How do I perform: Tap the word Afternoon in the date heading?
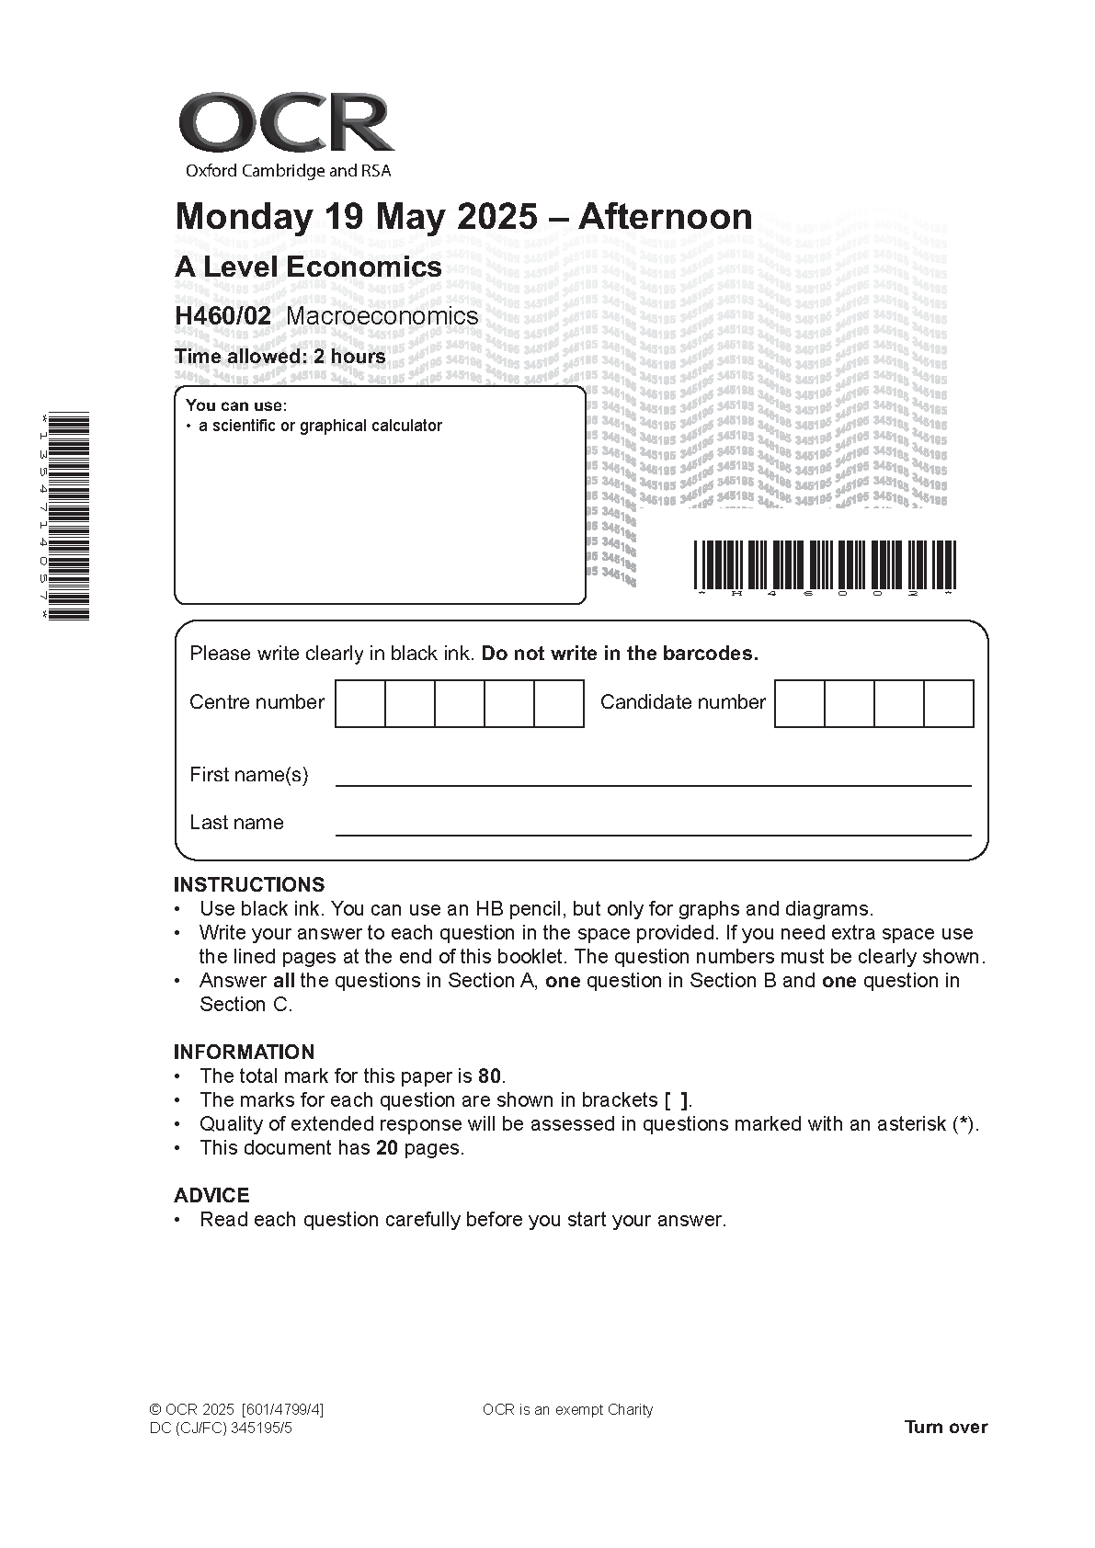click(665, 217)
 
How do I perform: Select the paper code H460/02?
click(223, 316)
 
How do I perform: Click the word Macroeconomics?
click(382, 316)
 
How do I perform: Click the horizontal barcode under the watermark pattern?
click(825, 565)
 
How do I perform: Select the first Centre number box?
click(360, 704)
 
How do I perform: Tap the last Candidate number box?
click(948, 704)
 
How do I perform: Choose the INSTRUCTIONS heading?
click(249, 885)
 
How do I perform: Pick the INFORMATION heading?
click(244, 1053)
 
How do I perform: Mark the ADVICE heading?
click(211, 1196)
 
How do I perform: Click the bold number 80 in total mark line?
click(490, 1076)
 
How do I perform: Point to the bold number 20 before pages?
click(387, 1148)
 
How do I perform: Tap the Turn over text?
click(945, 1428)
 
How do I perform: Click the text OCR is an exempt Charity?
click(567, 1410)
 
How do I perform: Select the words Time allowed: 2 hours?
click(280, 357)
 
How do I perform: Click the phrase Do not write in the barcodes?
click(620, 654)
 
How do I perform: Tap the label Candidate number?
click(682, 703)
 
